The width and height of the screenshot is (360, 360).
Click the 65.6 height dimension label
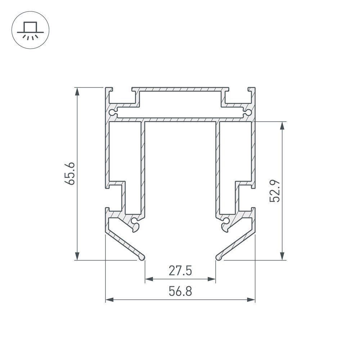point(70,174)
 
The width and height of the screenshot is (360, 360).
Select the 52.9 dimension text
point(275,191)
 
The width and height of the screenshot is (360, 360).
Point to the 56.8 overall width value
point(180,291)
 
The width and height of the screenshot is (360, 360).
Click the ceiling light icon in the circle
point(30,30)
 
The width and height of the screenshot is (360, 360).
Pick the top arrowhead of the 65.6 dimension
point(77,91)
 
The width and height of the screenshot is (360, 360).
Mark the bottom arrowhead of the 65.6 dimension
point(77,256)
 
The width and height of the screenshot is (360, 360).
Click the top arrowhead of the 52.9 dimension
point(282,126)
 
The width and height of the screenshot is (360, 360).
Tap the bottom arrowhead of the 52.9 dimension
point(282,256)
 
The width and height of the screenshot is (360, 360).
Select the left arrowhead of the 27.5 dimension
point(149,279)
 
